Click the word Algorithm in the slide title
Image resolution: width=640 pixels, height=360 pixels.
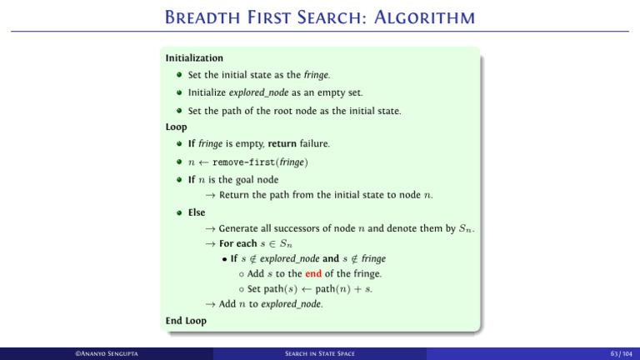(424, 17)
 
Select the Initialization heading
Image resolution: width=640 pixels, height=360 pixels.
(194, 58)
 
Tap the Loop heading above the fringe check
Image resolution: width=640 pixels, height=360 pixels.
(177, 127)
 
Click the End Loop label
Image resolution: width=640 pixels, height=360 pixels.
(186, 321)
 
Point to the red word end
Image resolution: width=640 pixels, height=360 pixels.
(313, 273)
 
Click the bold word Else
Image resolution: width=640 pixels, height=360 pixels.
(197, 212)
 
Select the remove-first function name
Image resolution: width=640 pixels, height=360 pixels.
(243, 162)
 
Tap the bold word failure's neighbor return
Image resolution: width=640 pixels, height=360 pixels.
(282, 143)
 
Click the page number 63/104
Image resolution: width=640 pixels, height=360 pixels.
(621, 353)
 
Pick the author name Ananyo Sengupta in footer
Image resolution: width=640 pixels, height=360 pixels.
(107, 353)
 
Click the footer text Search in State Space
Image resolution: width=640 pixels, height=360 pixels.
(320, 353)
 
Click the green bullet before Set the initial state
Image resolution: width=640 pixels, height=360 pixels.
(179, 75)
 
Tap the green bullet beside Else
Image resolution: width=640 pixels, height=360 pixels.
(179, 212)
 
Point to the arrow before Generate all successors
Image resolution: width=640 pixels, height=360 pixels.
(210, 228)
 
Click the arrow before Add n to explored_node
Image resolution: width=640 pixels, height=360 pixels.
(210, 304)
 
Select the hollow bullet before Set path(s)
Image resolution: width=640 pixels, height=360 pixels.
(241, 289)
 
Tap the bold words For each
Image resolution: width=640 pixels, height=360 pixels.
(238, 243)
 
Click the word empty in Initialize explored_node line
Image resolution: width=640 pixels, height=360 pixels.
(330, 93)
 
